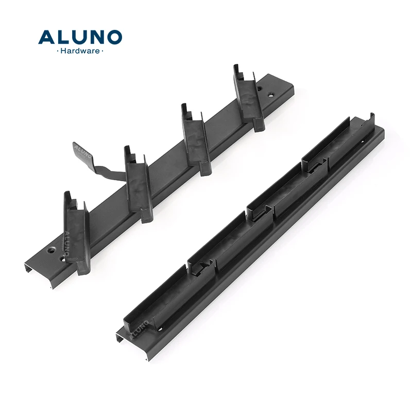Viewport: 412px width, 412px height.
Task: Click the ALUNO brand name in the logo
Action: (80, 37)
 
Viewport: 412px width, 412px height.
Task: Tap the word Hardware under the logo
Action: (80, 51)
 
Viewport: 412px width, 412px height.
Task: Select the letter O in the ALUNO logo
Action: (114, 37)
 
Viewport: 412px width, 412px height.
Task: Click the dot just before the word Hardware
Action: (57, 51)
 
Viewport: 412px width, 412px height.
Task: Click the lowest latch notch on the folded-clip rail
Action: (202, 266)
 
